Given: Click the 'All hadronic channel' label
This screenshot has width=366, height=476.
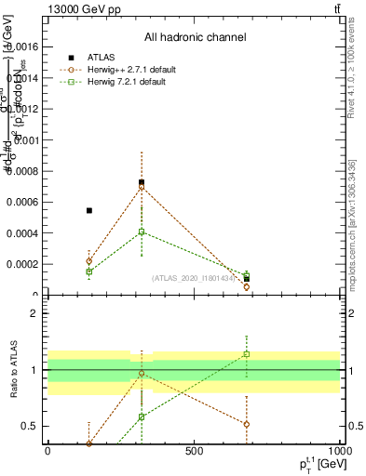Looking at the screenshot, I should pyautogui.click(x=195, y=38).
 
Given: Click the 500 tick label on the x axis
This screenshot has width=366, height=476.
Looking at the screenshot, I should pyautogui.click(x=194, y=451).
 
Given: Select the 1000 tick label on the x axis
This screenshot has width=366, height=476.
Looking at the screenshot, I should pyautogui.click(x=338, y=451).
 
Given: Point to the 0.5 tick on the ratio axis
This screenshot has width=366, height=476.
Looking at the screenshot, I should pyautogui.click(x=31, y=427).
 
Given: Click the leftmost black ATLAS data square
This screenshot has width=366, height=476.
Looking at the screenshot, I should pyautogui.click(x=89, y=210).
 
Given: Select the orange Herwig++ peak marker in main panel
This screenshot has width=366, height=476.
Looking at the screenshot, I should pyautogui.click(x=142, y=187).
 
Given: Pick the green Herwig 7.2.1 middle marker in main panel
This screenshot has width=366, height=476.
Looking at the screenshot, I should pyautogui.click(x=142, y=231).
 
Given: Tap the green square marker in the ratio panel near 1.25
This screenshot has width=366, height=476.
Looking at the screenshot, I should pyautogui.click(x=247, y=354).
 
